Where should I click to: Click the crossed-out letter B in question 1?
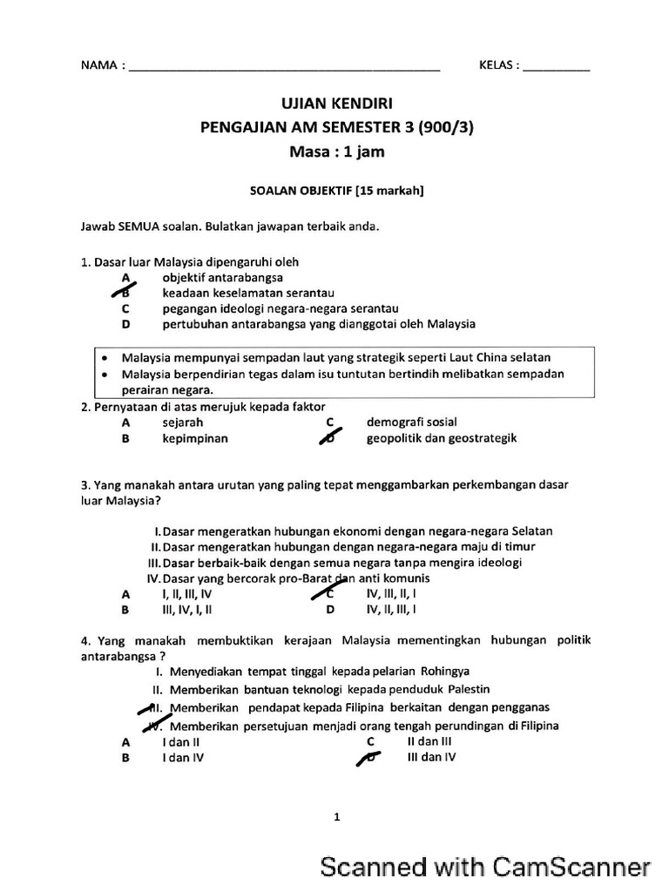click(x=125, y=294)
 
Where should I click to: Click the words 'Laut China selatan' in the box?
click(x=501, y=357)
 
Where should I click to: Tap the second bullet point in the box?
click(x=105, y=374)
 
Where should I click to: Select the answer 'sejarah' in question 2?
click(x=182, y=422)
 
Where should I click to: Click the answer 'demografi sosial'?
click(x=411, y=422)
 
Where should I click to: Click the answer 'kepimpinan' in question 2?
click(x=195, y=438)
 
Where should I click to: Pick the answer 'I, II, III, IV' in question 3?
click(x=187, y=593)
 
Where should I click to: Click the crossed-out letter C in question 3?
click(x=330, y=593)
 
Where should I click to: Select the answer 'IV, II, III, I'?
click(x=391, y=609)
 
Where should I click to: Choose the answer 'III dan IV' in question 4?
click(x=430, y=757)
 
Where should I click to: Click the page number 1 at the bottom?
click(x=336, y=817)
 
